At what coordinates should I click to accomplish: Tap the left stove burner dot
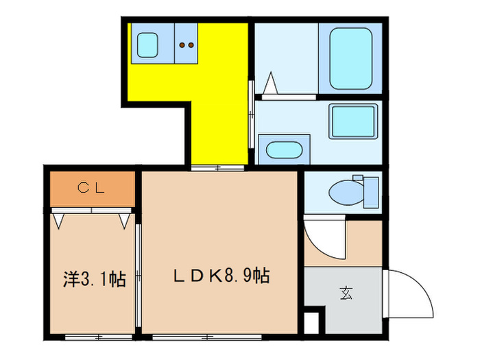[182, 46]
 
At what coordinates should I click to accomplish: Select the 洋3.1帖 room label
[90, 279]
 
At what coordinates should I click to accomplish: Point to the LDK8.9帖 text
[219, 276]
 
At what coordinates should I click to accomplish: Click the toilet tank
[370, 192]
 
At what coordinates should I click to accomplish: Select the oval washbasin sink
[280, 149]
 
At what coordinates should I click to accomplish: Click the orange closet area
[91, 189]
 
